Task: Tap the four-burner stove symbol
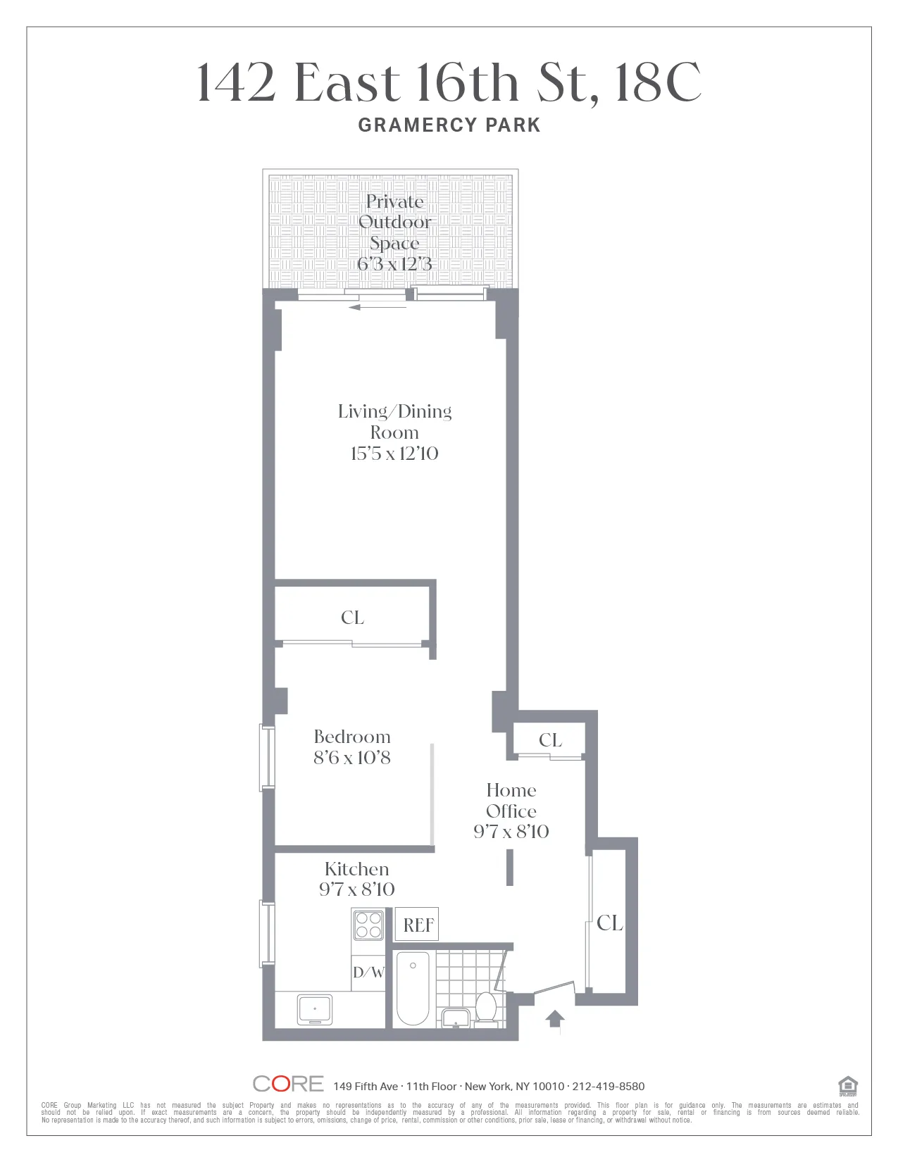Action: [368, 925]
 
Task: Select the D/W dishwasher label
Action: [368, 973]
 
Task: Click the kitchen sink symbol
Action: [314, 1009]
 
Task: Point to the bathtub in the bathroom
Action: [413, 988]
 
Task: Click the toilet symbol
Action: [486, 1007]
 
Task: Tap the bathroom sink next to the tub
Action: [456, 1018]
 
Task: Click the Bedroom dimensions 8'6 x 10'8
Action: [351, 758]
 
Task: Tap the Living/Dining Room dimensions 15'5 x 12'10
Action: [394, 454]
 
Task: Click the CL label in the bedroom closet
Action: [352, 618]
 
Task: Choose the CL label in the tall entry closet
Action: [609, 923]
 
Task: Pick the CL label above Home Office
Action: [550, 740]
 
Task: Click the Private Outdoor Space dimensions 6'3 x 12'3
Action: [394, 264]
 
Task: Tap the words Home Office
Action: [511, 801]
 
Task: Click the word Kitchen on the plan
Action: [356, 869]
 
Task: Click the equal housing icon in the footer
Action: [848, 1086]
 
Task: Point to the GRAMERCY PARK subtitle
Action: [449, 125]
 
